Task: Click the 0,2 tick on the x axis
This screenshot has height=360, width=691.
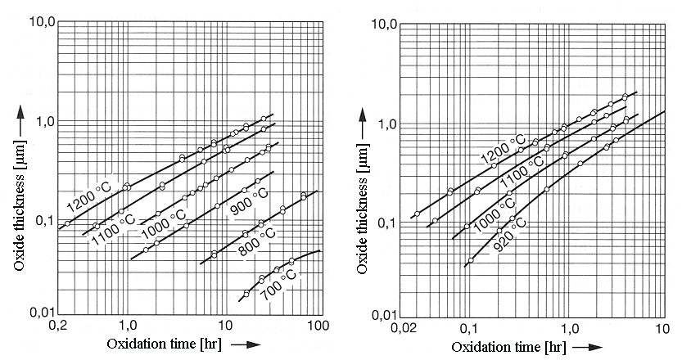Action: (58, 325)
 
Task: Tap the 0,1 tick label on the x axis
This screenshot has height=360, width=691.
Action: (469, 328)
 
